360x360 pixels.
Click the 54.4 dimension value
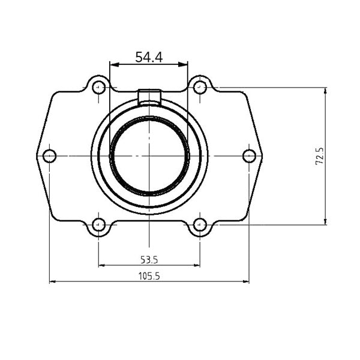(x=149, y=58)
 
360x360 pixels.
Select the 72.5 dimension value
(x=320, y=156)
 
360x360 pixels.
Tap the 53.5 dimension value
(x=149, y=260)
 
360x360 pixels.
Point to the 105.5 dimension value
(x=149, y=276)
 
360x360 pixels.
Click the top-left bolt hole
(x=99, y=88)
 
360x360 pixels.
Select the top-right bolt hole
(x=200, y=88)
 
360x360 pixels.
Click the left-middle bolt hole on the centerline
(x=50, y=156)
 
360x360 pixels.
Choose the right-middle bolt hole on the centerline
(x=249, y=156)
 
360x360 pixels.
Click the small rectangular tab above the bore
(x=149, y=97)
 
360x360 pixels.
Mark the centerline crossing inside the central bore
(x=149, y=156)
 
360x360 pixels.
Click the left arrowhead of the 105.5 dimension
(x=52, y=281)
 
